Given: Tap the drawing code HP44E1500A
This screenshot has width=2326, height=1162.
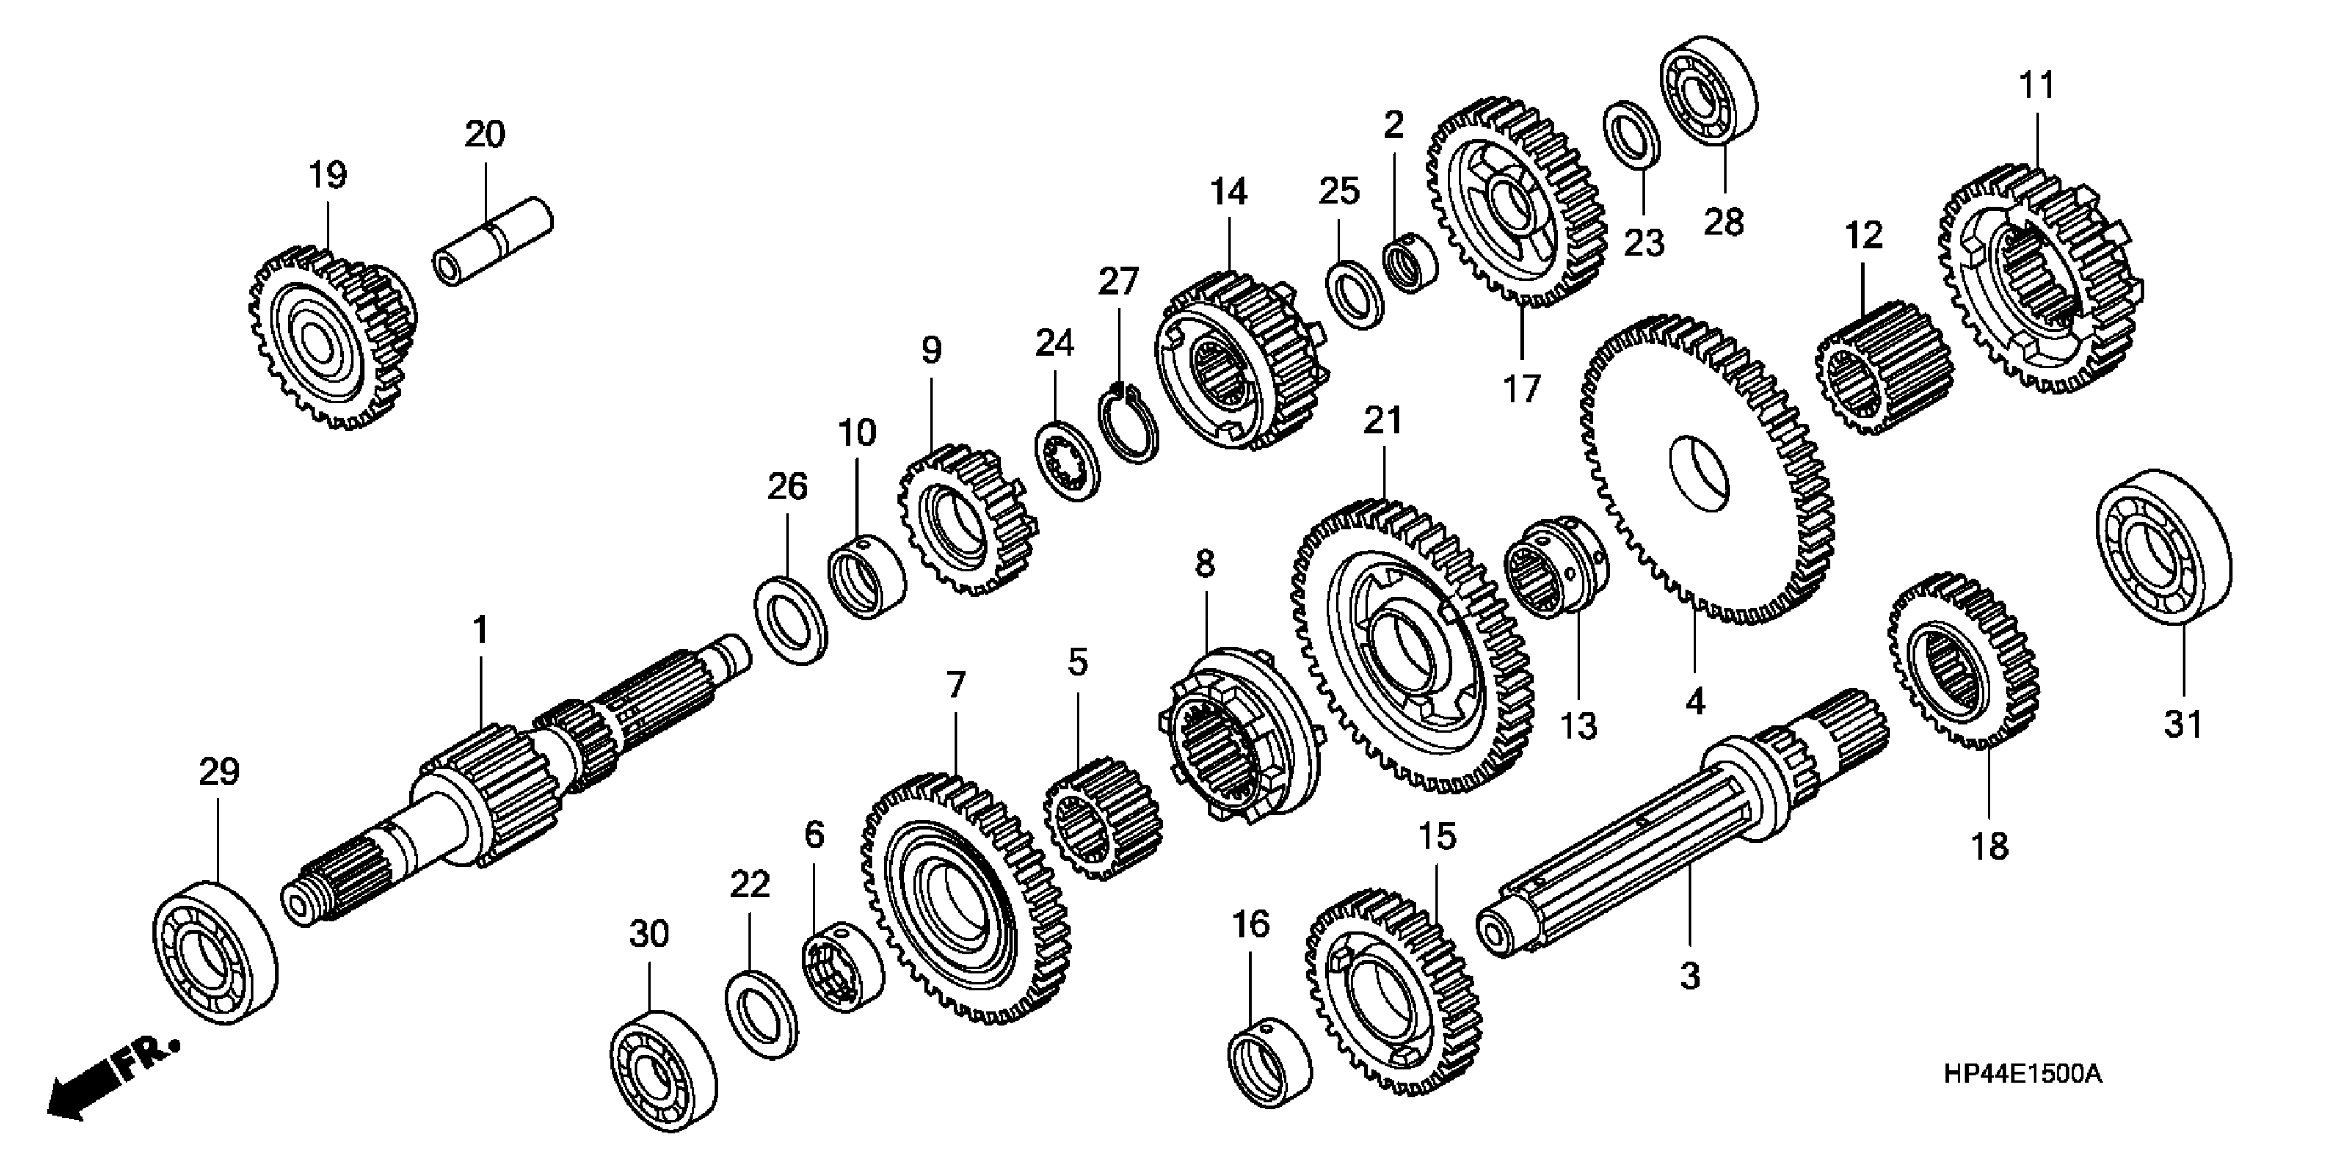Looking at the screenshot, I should tap(2023, 1075).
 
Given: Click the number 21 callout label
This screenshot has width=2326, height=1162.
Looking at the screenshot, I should tap(1383, 421).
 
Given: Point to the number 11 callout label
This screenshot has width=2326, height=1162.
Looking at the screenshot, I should tap(2036, 85).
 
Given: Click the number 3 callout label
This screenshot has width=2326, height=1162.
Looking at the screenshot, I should tap(1690, 975).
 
